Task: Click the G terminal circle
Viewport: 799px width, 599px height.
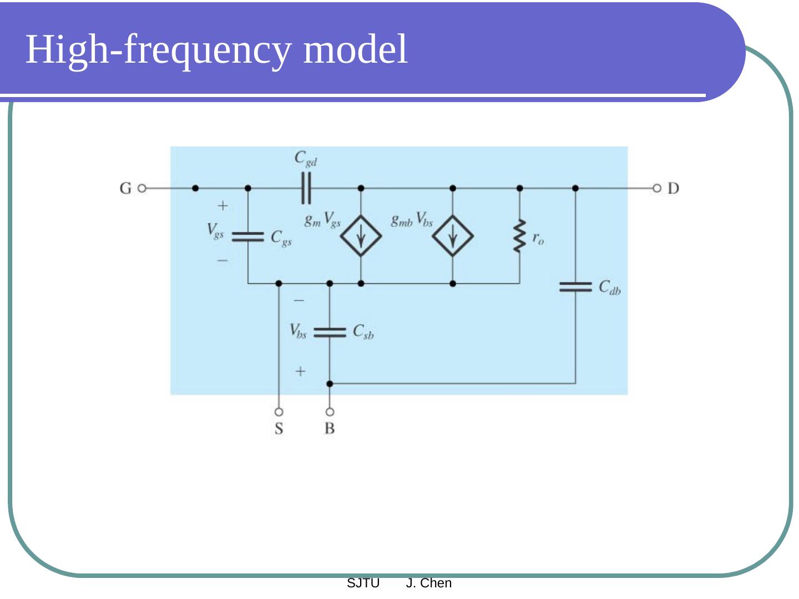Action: pyautogui.click(x=142, y=189)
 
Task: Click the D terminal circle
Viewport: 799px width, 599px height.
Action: pyautogui.click(x=657, y=189)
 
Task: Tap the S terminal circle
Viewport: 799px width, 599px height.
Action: pyautogui.click(x=279, y=412)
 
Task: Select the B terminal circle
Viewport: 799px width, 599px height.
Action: pyautogui.click(x=330, y=412)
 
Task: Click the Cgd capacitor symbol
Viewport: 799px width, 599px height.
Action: pyautogui.click(x=306, y=189)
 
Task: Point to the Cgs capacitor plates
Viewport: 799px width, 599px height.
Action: pyautogui.click(x=247, y=237)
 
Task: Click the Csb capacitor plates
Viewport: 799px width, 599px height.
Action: pyautogui.click(x=330, y=332)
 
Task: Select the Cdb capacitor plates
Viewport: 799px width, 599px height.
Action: pyautogui.click(x=575, y=287)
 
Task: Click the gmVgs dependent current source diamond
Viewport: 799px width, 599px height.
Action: pyautogui.click(x=361, y=236)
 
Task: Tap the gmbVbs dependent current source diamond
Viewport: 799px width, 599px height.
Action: pyautogui.click(x=453, y=236)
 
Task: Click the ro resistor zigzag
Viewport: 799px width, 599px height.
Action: pyautogui.click(x=519, y=236)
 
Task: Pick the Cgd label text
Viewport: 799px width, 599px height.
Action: pyautogui.click(x=306, y=159)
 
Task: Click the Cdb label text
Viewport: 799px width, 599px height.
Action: pyautogui.click(x=610, y=287)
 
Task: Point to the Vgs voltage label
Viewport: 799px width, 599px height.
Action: pyautogui.click(x=215, y=230)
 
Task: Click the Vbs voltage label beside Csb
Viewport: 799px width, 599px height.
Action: pyautogui.click(x=298, y=332)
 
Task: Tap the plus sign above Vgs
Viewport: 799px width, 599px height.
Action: pyautogui.click(x=222, y=206)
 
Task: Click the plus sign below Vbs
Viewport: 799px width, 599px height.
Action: pyautogui.click(x=300, y=371)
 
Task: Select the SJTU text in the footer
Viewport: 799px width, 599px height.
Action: pyautogui.click(x=363, y=583)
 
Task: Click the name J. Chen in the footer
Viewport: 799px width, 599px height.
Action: pyautogui.click(x=429, y=583)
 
